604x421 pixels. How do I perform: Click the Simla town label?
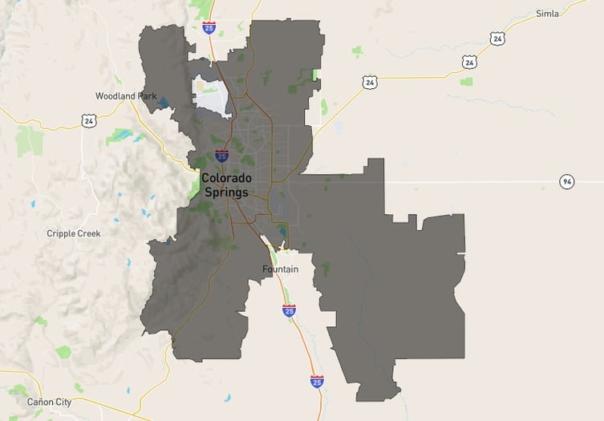point(548,14)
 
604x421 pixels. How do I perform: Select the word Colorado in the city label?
point(226,178)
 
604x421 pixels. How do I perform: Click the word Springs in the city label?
point(225,192)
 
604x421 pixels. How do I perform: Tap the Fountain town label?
point(281,269)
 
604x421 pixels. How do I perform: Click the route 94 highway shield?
point(567,181)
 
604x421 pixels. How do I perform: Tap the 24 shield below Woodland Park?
point(88,119)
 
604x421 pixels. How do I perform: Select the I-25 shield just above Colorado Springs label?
point(221,155)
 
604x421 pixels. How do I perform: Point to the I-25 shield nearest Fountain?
point(289,310)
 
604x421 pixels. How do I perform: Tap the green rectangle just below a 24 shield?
point(466,81)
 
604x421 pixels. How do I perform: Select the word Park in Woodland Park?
point(146,95)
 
